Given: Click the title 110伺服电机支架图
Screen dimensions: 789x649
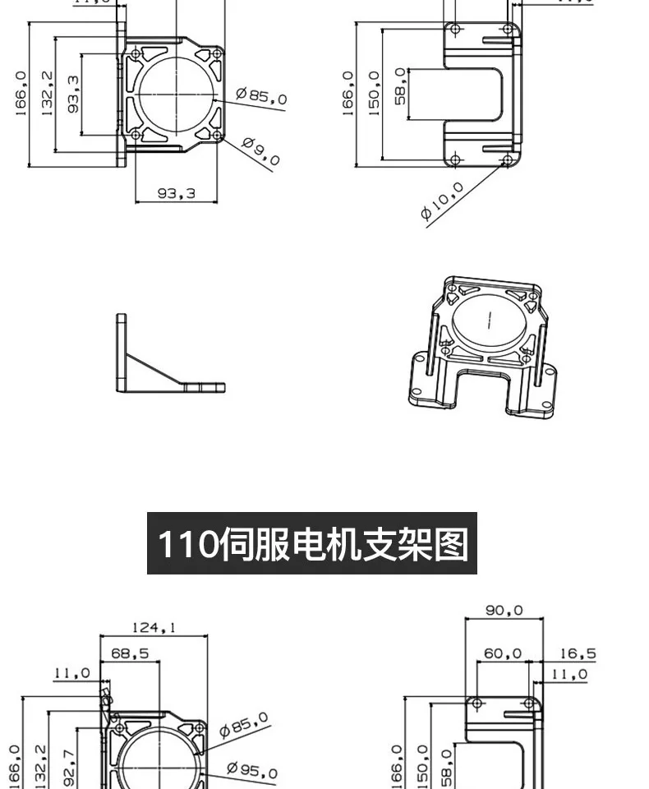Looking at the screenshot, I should (312, 543).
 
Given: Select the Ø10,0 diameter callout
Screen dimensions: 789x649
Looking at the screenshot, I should (443, 201).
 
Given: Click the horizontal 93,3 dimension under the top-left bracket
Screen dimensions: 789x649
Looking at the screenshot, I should (177, 194).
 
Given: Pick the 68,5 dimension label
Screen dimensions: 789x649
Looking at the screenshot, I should (130, 653).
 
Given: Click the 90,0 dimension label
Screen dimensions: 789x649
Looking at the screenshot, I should (504, 611).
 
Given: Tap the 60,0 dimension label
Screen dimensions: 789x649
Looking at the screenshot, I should (502, 653).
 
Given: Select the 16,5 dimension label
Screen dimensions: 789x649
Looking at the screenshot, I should (578, 654).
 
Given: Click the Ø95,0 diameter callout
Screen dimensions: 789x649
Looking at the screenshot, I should (252, 771).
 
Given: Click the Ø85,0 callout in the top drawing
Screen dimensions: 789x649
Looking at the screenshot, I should (262, 96).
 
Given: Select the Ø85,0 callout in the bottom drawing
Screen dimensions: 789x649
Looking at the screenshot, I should (245, 726).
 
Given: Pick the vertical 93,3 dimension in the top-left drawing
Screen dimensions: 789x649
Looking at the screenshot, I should (74, 92).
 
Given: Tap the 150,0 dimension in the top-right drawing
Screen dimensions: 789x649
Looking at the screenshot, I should (375, 93).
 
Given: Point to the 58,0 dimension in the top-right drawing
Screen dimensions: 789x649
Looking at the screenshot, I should (400, 85).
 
